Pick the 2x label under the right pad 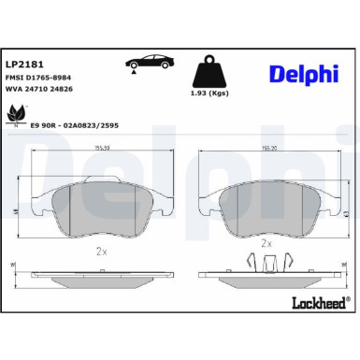point(266,242)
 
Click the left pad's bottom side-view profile point(101,276)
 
